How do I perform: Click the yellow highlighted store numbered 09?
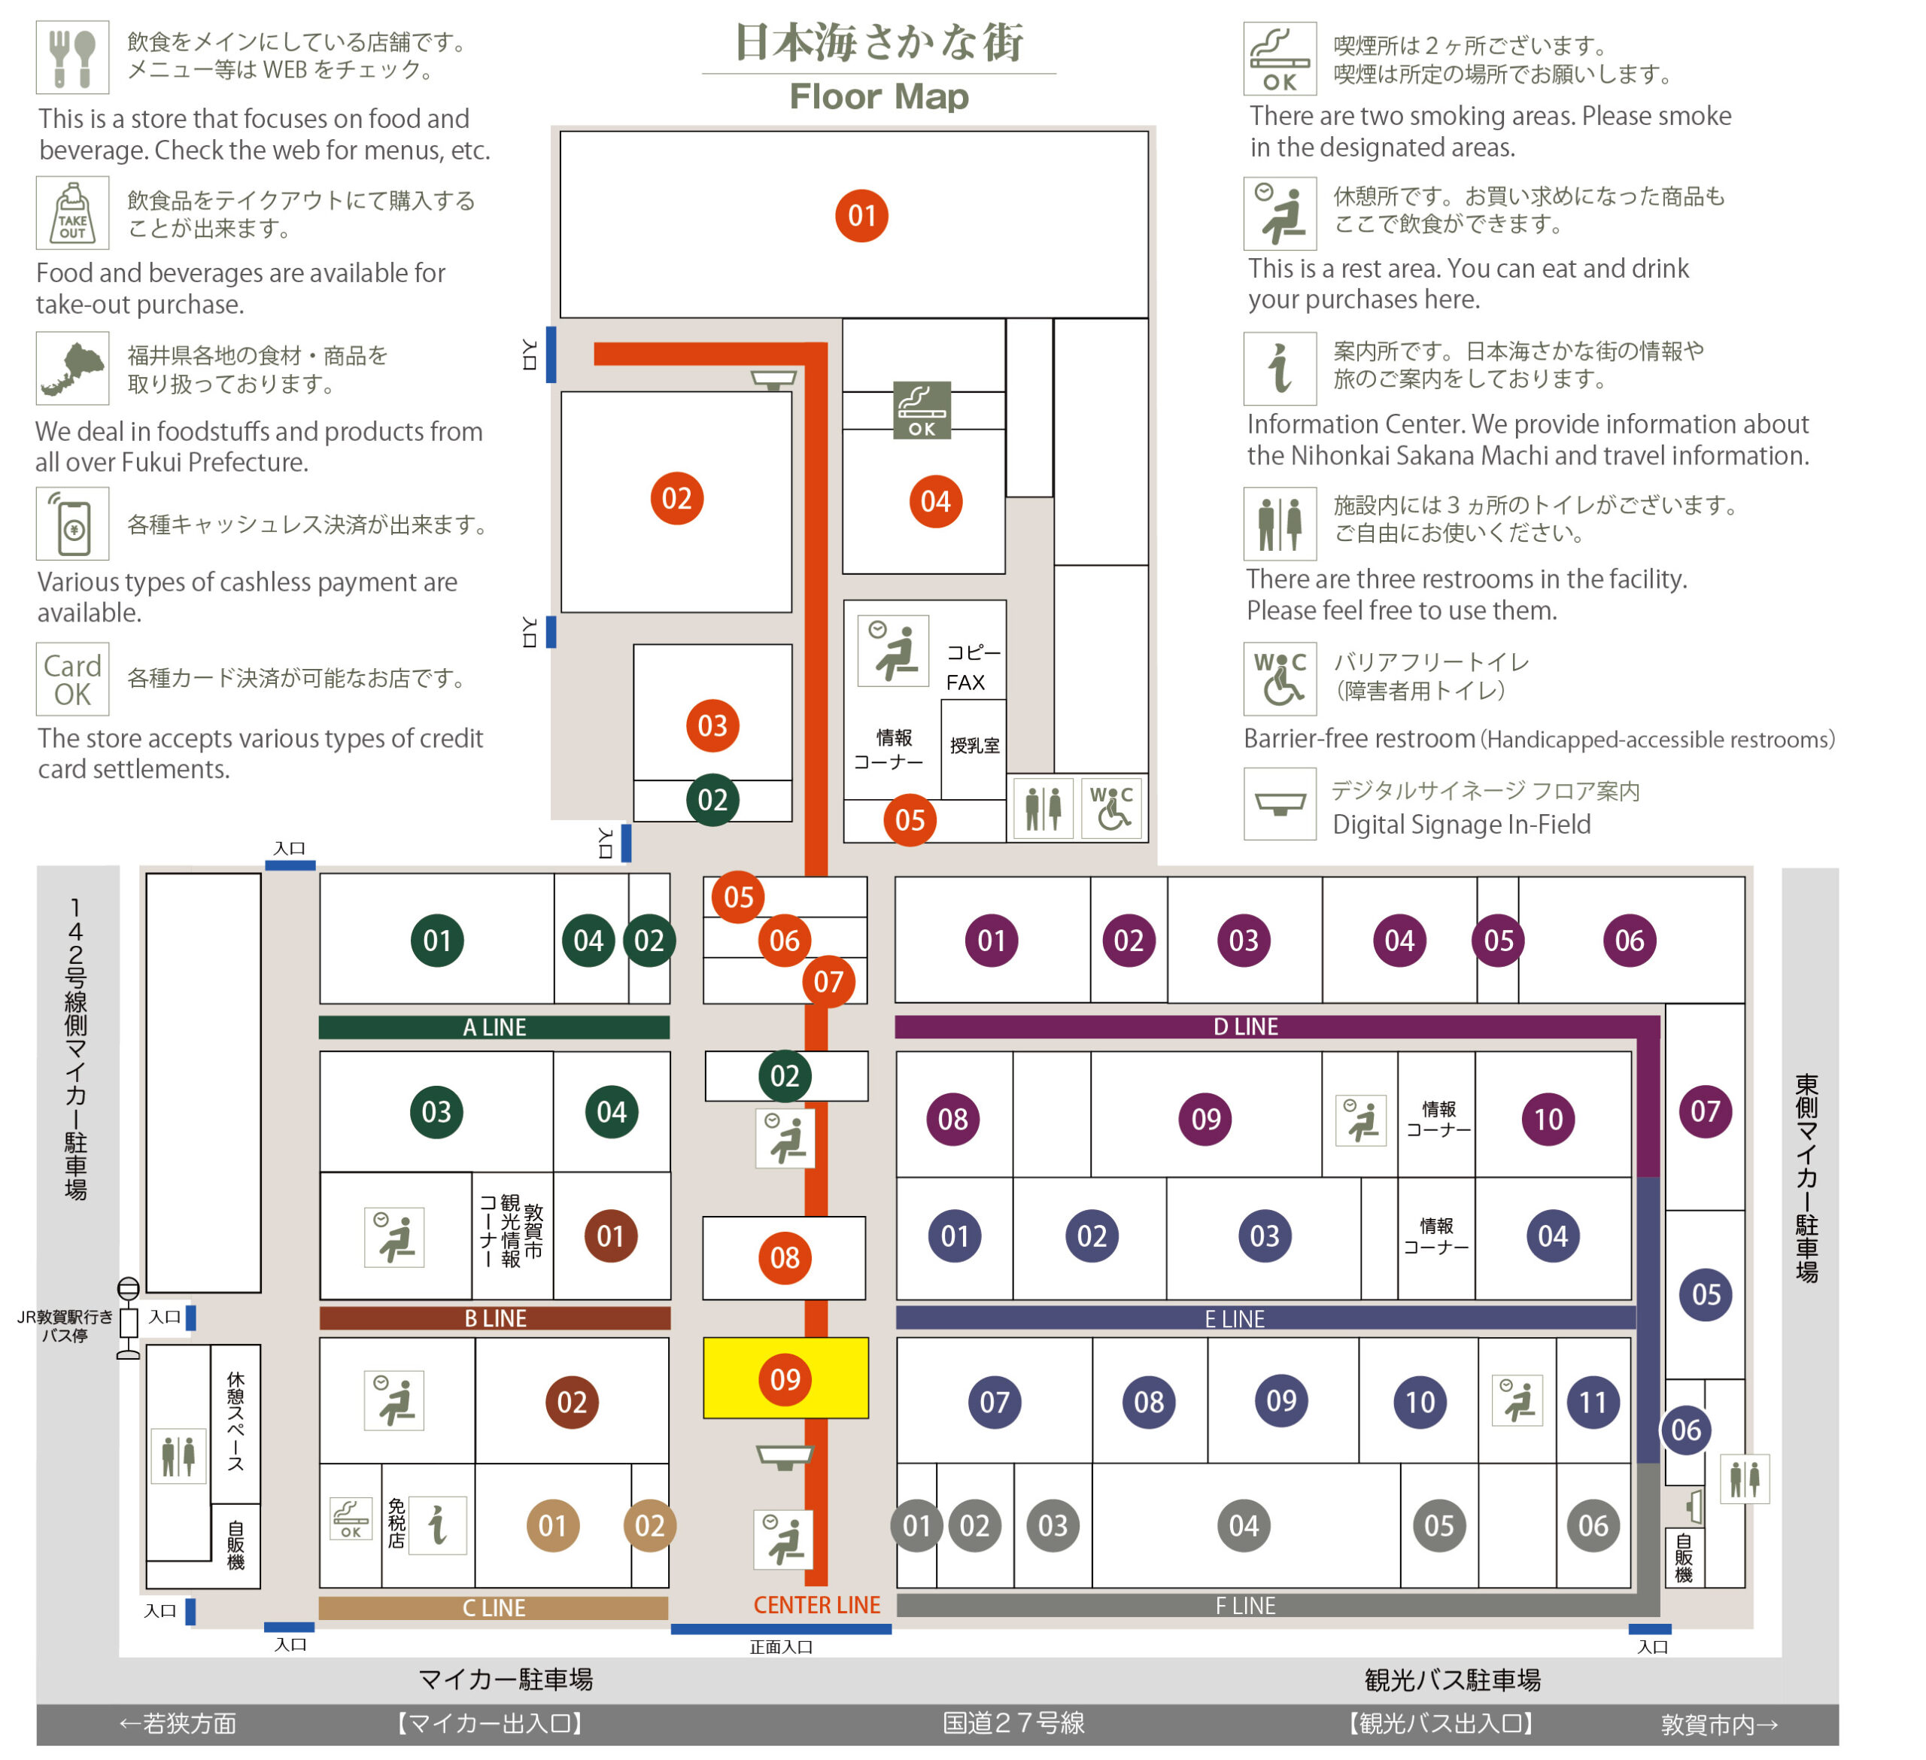(785, 1377)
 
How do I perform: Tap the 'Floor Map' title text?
(879, 96)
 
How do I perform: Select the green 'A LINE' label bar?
(494, 1027)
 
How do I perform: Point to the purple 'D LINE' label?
(1245, 1026)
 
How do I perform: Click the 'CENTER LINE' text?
(817, 1605)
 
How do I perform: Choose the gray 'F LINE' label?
(1245, 1606)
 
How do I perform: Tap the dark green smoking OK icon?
(922, 410)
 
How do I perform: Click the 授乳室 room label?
(974, 745)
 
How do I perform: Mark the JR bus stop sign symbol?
(128, 1318)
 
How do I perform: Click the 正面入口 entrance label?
(780, 1646)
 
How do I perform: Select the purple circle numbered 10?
(1548, 1119)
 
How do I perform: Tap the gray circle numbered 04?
(1244, 1525)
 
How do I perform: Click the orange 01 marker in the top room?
(861, 215)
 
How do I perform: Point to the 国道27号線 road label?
(1013, 1722)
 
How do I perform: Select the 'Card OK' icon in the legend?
(73, 679)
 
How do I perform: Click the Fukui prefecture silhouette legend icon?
(73, 369)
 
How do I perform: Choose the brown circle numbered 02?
(571, 1402)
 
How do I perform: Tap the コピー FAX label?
(974, 667)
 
